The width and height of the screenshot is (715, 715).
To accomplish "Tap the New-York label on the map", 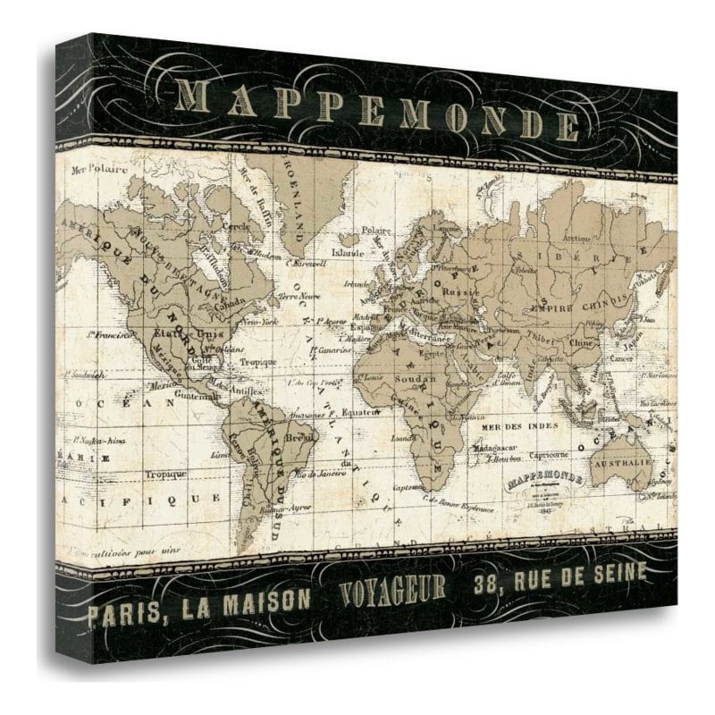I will click(x=247, y=320).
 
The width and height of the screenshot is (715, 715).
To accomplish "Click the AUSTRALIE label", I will click(x=630, y=465).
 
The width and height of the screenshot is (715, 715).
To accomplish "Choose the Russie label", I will click(x=463, y=290).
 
